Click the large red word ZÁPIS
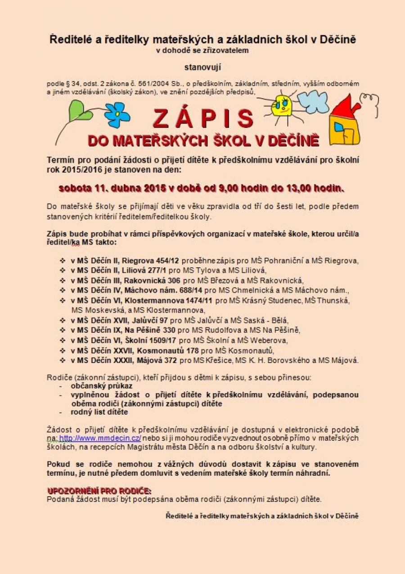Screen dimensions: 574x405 (203, 118)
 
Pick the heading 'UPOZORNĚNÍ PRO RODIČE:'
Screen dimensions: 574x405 (99, 490)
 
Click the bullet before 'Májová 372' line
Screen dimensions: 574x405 (62, 360)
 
